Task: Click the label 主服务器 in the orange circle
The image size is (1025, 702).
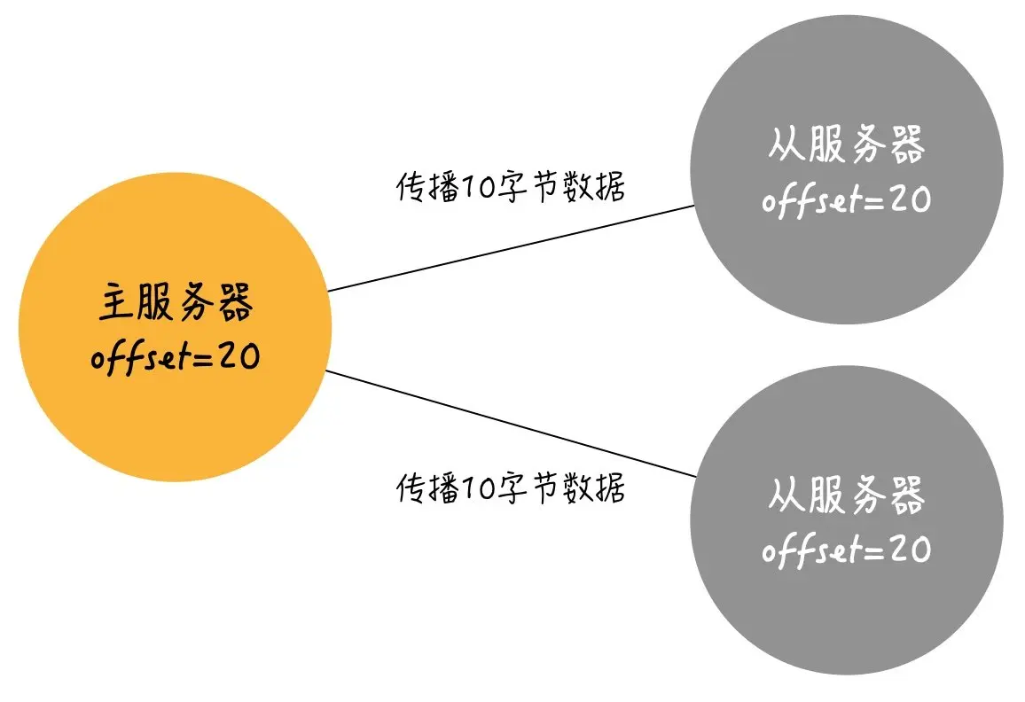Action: pos(175,304)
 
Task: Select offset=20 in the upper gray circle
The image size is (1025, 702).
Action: pos(846,199)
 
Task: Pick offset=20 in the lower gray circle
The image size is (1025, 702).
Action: pos(846,550)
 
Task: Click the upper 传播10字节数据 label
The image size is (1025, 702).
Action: pos(510,188)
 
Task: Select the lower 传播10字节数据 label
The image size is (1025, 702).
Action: pos(510,487)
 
